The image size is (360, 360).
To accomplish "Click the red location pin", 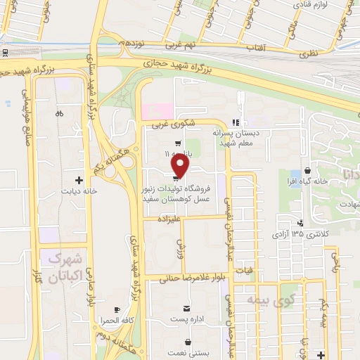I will click(x=181, y=165).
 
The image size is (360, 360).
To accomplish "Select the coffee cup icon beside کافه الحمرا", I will click(x=117, y=309).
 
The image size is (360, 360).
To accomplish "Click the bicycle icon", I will click(x=59, y=113).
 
